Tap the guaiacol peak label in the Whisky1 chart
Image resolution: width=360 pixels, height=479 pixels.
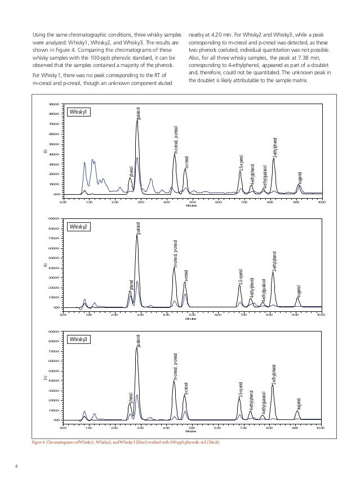pos(139,112)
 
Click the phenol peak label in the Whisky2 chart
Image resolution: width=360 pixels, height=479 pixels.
pos(131,284)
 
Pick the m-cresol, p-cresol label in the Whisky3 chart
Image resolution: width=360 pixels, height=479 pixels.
pos(176,367)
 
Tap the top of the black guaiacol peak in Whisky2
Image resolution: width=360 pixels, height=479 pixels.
pos(137,235)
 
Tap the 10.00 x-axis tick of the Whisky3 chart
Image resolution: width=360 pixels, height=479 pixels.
pos(319,428)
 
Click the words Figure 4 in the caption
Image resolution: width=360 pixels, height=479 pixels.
pos(41,442)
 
